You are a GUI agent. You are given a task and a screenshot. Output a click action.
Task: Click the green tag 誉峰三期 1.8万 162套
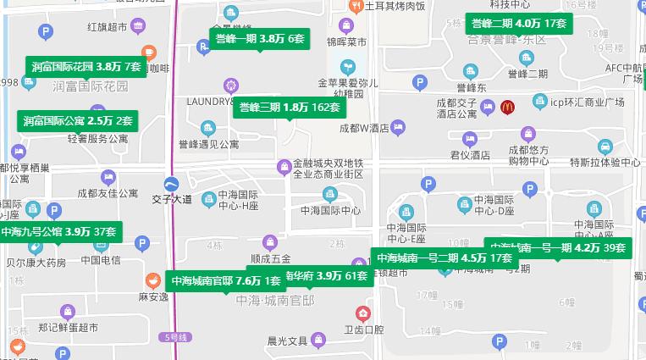(290, 108)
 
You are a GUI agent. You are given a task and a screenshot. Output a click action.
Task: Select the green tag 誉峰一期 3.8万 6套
(259, 38)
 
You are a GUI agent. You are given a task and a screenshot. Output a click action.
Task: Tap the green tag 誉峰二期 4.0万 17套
(518, 24)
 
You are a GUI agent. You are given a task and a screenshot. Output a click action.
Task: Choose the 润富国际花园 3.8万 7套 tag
(86, 66)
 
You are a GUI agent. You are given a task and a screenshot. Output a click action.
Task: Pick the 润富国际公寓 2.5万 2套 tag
(78, 121)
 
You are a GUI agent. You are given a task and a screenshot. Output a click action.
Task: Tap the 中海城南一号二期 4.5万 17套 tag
(444, 258)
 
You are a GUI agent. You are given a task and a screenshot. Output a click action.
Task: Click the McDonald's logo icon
(507, 107)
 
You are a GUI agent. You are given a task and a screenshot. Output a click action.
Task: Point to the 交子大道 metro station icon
(172, 185)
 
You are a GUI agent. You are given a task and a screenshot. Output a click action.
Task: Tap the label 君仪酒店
(470, 155)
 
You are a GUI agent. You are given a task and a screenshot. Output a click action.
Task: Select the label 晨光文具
(287, 341)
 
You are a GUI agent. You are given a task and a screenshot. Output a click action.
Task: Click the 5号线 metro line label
(176, 336)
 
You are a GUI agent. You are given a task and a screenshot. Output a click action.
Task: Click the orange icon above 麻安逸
(152, 280)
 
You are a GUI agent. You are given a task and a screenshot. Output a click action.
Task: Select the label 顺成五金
(271, 259)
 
